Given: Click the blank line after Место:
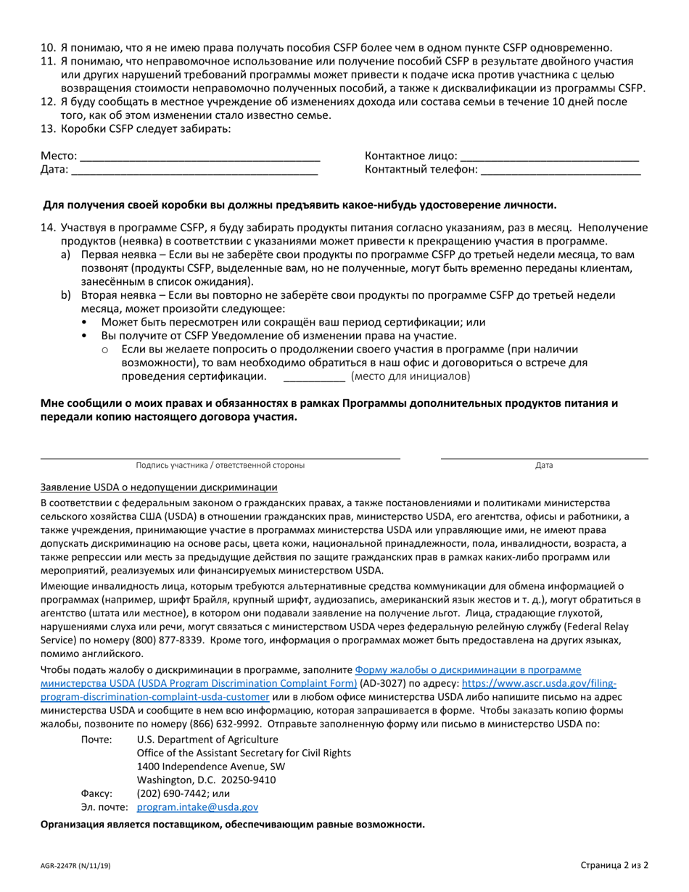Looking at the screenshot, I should pyautogui.click(x=199, y=157).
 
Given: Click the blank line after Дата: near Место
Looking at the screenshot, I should pyautogui.click(x=194, y=171).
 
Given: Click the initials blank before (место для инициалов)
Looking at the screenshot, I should pyautogui.click(x=313, y=378).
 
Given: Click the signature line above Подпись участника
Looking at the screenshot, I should pyautogui.click(x=220, y=457).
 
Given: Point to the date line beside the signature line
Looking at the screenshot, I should pyautogui.click(x=544, y=457).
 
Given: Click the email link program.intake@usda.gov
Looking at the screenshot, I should pyautogui.click(x=197, y=806).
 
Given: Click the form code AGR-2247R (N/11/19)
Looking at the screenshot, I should pyautogui.click(x=75, y=866).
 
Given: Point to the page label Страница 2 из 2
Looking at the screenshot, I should pyautogui.click(x=614, y=865).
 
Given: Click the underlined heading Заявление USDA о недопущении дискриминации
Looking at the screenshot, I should pyautogui.click(x=159, y=487).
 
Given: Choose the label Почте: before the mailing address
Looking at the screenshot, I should pyautogui.click(x=96, y=739).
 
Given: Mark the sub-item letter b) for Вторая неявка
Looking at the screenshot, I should pyautogui.click(x=67, y=295).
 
